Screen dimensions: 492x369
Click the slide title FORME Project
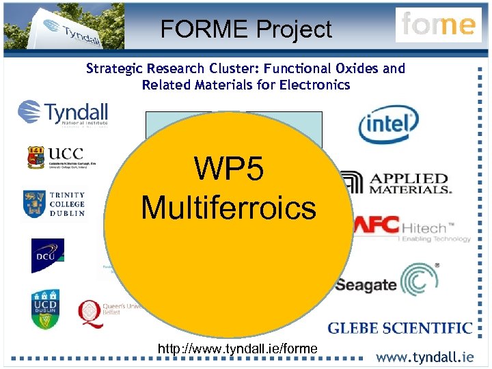click(x=246, y=29)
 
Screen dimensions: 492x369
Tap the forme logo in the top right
click(x=438, y=25)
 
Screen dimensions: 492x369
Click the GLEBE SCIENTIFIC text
click(x=400, y=329)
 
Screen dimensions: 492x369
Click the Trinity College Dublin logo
click(x=54, y=204)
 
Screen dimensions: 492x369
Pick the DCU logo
click(x=47, y=256)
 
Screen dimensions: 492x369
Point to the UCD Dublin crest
click(x=44, y=309)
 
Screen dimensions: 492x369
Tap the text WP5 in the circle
click(x=228, y=168)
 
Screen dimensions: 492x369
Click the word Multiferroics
click(x=228, y=207)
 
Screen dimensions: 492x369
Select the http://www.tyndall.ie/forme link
click(x=237, y=349)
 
